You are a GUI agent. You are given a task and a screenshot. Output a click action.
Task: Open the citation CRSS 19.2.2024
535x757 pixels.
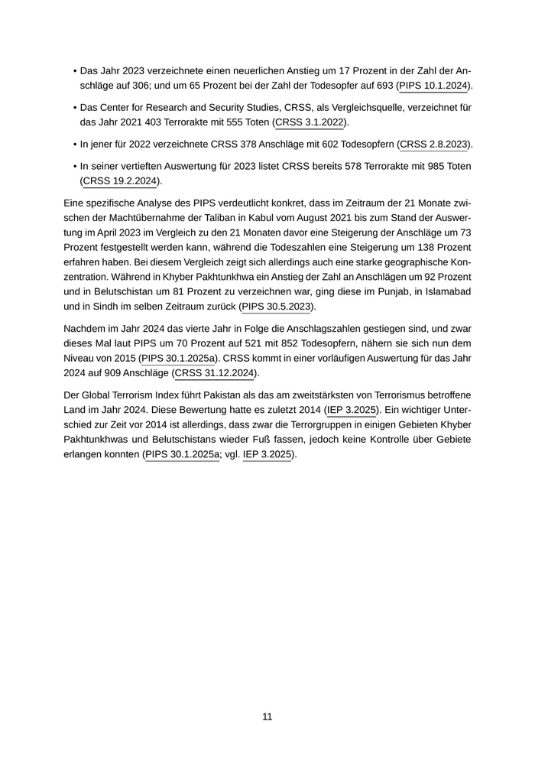pyautogui.click(x=119, y=180)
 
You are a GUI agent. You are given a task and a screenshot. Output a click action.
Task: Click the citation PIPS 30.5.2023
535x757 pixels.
pyautogui.click(x=277, y=307)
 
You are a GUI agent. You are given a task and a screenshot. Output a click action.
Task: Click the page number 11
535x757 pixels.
pyautogui.click(x=267, y=716)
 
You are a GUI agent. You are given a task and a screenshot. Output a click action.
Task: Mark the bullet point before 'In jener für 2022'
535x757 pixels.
pyautogui.click(x=74, y=144)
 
